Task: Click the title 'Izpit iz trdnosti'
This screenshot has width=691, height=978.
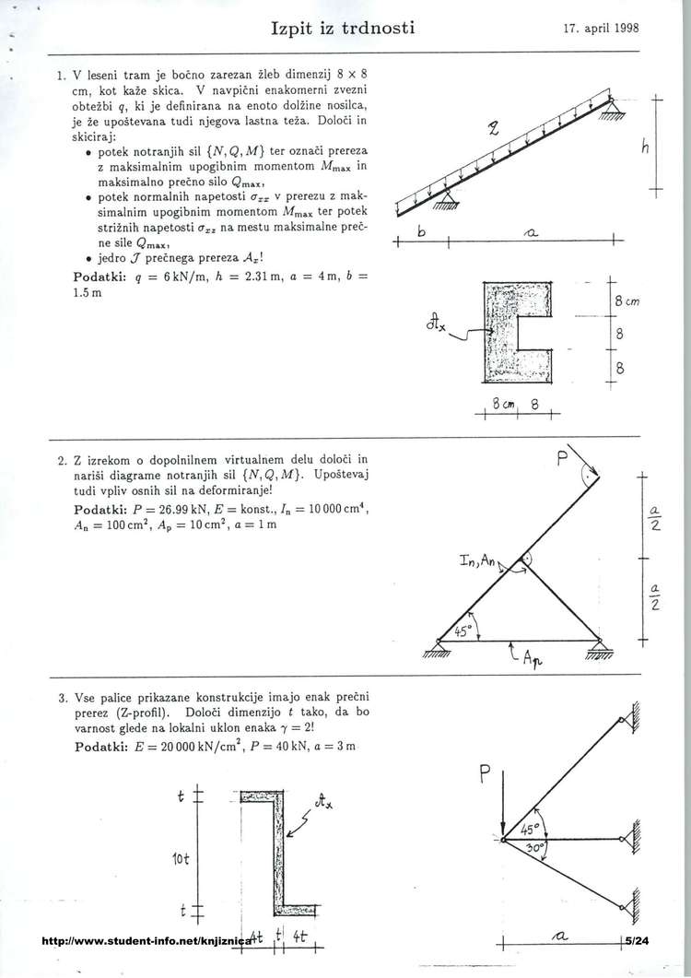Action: click(x=343, y=28)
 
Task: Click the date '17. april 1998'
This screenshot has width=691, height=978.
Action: click(x=601, y=29)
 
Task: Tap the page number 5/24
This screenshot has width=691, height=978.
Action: click(x=636, y=941)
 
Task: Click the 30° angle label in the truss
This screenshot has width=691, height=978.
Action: click(x=533, y=846)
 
